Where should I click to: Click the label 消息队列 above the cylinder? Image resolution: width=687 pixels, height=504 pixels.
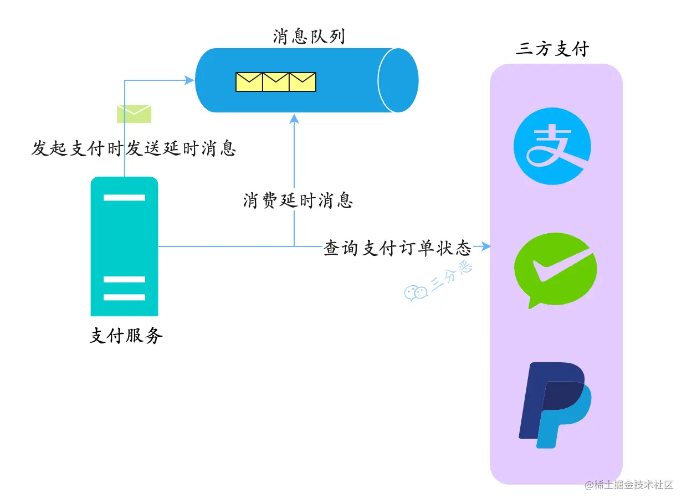pyautogui.click(x=309, y=37)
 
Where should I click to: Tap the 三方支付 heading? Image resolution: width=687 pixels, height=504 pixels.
pyautogui.click(x=552, y=49)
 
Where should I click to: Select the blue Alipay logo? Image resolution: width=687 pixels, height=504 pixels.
pyautogui.click(x=552, y=146)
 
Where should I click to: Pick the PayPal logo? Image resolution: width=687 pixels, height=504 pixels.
pyautogui.click(x=554, y=405)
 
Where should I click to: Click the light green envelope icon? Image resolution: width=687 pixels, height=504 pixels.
pyautogui.click(x=134, y=114)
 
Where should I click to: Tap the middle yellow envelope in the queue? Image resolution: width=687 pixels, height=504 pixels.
pyautogui.click(x=276, y=82)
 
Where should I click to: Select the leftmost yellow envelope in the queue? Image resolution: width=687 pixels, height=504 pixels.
pyautogui.click(x=249, y=82)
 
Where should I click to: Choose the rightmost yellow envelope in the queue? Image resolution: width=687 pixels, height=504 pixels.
pyautogui.click(x=303, y=82)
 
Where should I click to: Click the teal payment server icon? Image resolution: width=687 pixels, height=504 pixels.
pyautogui.click(x=124, y=246)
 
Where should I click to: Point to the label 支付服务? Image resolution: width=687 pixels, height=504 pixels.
pyautogui.click(x=126, y=336)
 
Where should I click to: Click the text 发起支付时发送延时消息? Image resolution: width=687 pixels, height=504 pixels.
pyautogui.click(x=134, y=148)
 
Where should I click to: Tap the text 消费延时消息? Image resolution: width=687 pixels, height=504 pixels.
pyautogui.click(x=298, y=200)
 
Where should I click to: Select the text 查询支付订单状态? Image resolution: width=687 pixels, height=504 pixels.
pyautogui.click(x=397, y=248)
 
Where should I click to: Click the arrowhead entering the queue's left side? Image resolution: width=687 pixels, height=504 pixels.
pyautogui.click(x=190, y=80)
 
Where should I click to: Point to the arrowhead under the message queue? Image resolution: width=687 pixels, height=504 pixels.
pyautogui.click(x=295, y=118)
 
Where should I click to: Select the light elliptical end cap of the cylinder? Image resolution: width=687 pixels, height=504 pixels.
pyautogui.click(x=398, y=80)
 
